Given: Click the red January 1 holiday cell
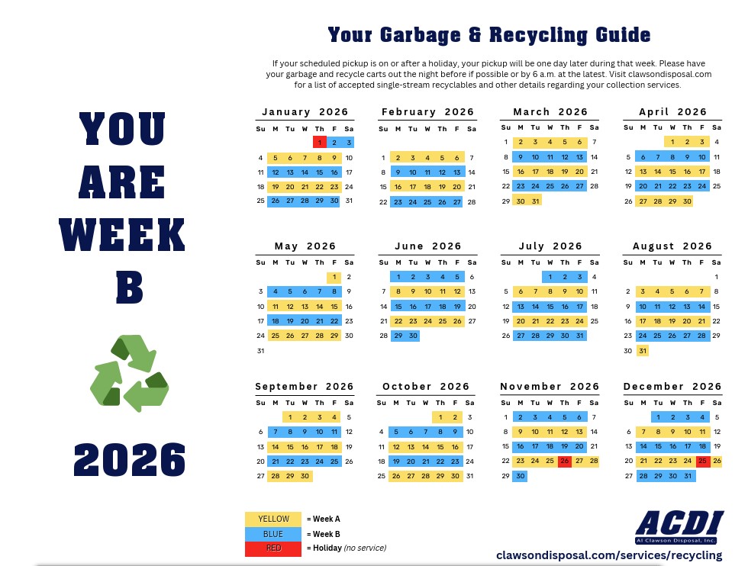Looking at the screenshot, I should point(319,142).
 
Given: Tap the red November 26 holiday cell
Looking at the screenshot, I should point(565,461).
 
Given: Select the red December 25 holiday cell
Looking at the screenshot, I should point(702,461).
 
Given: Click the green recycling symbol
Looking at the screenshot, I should point(130,374).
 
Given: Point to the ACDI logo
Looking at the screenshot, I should point(679,526).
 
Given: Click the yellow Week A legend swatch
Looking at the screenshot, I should point(273,519).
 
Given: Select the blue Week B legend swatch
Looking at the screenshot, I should point(273,533).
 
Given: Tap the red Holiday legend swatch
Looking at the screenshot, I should point(273,548).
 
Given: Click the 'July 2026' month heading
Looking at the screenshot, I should point(550,246).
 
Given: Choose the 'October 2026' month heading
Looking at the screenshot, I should point(426,387).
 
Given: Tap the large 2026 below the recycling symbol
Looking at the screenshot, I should point(130,459).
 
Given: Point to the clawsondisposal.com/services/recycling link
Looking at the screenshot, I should point(609,555).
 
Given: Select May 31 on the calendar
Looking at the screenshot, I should point(261,351).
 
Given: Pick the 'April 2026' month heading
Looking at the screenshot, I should point(672,112).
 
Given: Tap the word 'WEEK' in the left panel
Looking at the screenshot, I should point(122,235).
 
